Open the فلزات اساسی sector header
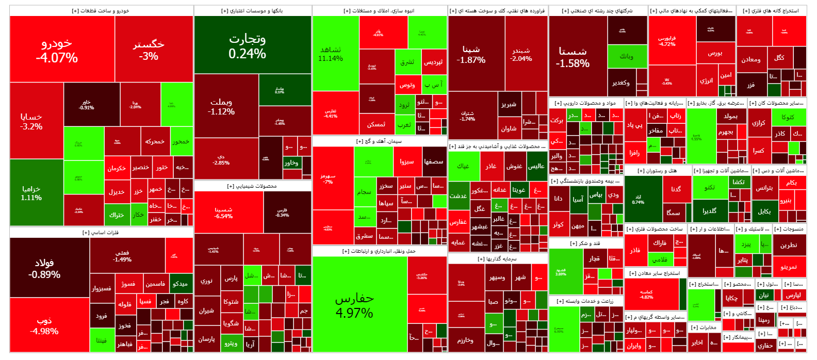click(101, 233)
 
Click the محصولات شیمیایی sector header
click(252, 186)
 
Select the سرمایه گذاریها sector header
click(497, 258)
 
